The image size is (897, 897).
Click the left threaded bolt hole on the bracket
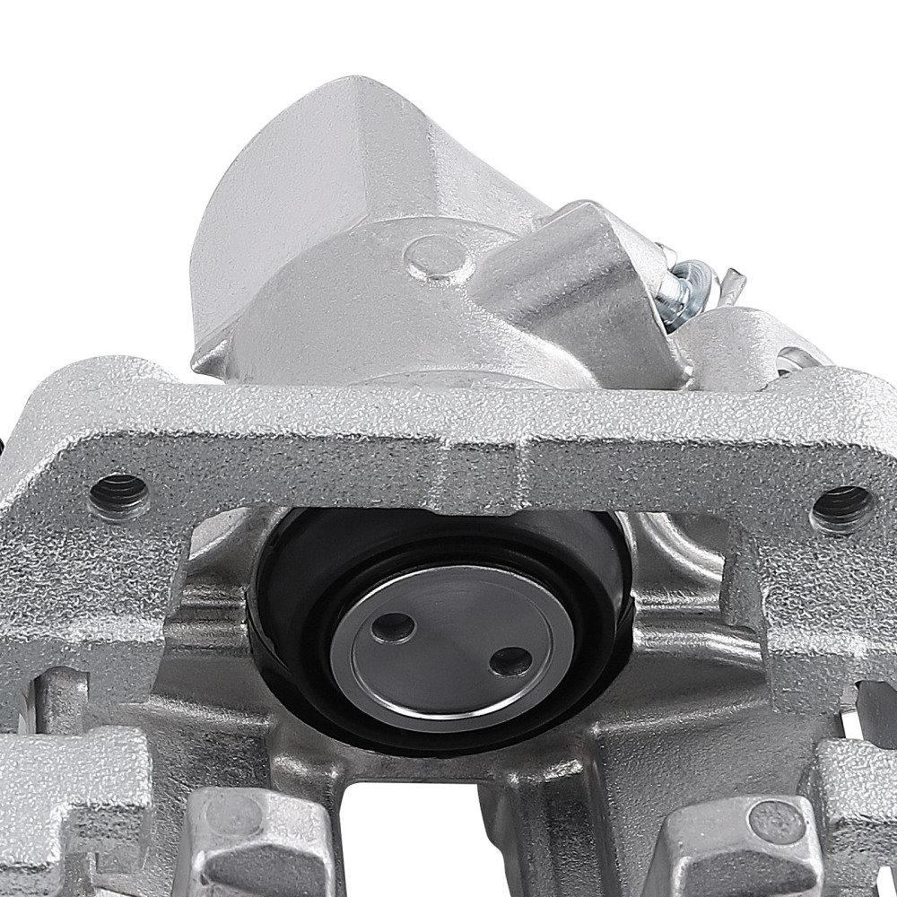coord(119,494)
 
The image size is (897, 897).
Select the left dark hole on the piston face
coord(393,627)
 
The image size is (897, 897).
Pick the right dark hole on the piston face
coord(510,661)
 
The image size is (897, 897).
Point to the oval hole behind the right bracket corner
coord(794,359)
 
